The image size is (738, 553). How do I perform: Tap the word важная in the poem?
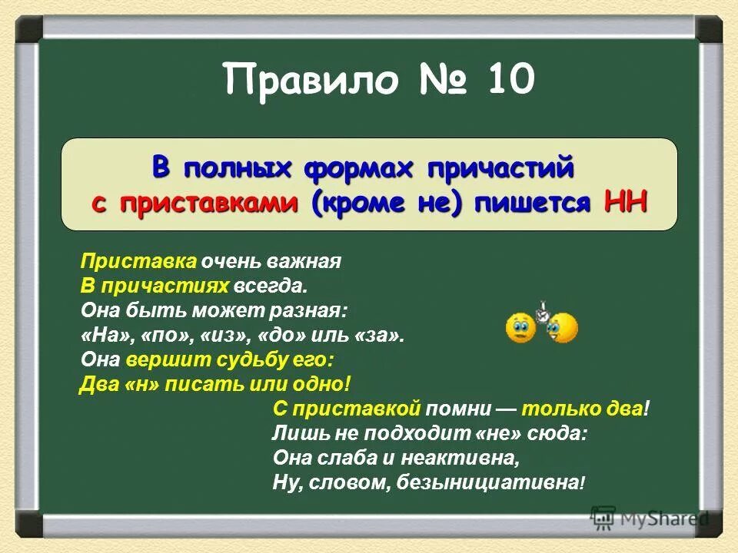click(310, 261)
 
